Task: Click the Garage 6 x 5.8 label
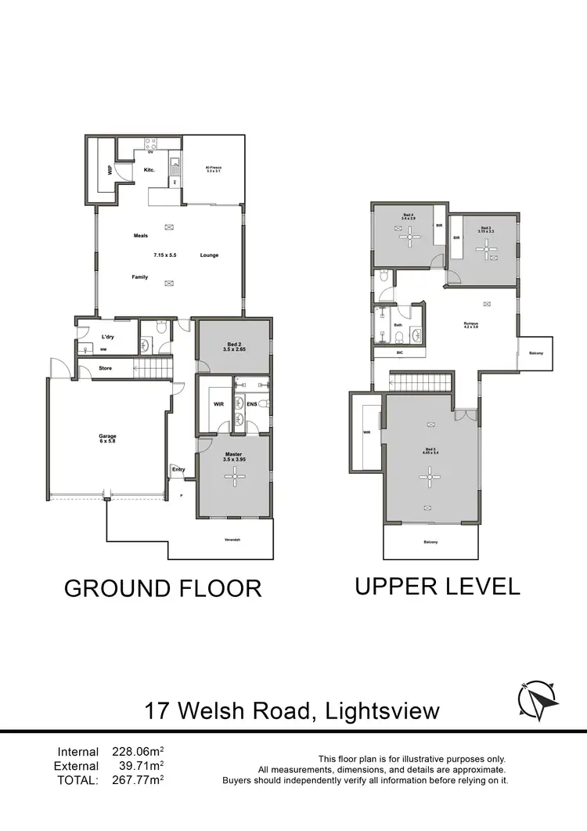tap(107, 438)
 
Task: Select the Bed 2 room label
tap(234, 347)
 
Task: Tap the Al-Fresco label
tap(214, 168)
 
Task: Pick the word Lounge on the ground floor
tap(209, 255)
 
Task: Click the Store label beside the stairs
tap(105, 368)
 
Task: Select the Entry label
tap(178, 470)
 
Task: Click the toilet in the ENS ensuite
tap(264, 404)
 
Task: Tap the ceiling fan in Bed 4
tap(409, 240)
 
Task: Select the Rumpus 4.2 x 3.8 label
tap(470, 325)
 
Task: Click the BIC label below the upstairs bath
tap(400, 353)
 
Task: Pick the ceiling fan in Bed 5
tap(428, 472)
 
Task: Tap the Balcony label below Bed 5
tap(430, 542)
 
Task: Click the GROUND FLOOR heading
tap(163, 588)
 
